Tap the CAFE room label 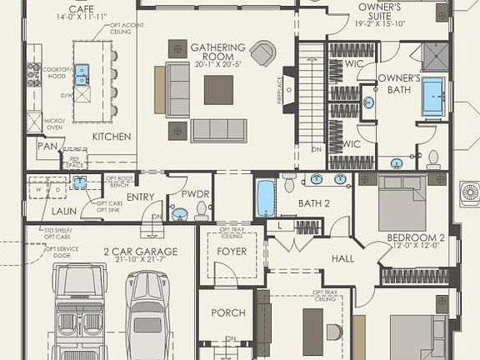point(80,9)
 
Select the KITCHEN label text point(112,136)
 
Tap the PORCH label point(227,312)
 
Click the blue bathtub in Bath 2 point(266,198)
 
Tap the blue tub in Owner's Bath point(433,97)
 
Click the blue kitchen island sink point(82,75)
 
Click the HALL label point(342,259)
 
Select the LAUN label point(63,212)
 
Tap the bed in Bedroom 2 point(404,202)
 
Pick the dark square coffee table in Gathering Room point(218,89)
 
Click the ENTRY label point(140,197)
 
